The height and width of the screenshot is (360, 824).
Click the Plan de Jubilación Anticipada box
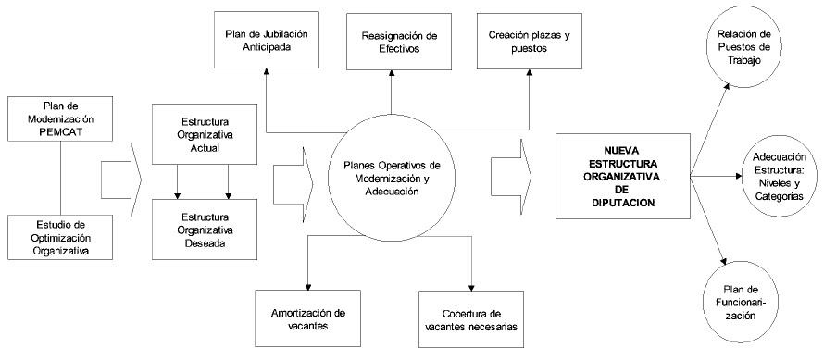(266, 40)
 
